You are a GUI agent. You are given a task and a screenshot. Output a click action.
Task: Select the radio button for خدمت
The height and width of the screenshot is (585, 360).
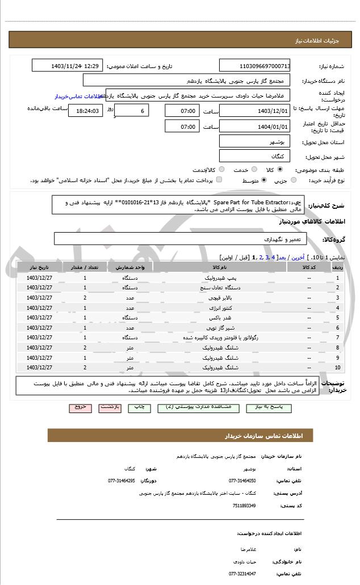(x=253, y=170)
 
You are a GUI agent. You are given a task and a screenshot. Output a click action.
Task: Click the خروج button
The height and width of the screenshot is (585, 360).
(x=80, y=407)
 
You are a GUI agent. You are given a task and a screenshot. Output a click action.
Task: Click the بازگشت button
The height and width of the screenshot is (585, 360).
(x=109, y=407)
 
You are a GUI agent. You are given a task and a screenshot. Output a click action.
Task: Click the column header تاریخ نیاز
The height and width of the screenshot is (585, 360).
(x=40, y=267)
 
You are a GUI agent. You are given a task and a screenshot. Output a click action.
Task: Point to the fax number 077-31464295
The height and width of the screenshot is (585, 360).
(x=122, y=481)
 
